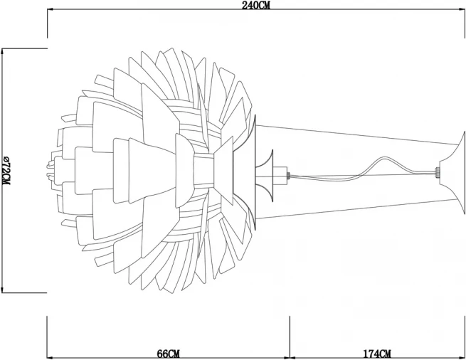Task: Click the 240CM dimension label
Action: [x=256, y=6]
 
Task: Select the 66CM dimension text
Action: [x=168, y=354]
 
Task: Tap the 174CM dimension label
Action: [x=377, y=354]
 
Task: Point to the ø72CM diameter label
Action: [x=6, y=170]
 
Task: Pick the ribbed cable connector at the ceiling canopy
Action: [x=437, y=172]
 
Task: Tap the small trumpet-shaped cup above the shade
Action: [x=265, y=176]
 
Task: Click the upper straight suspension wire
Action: [x=356, y=135]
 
